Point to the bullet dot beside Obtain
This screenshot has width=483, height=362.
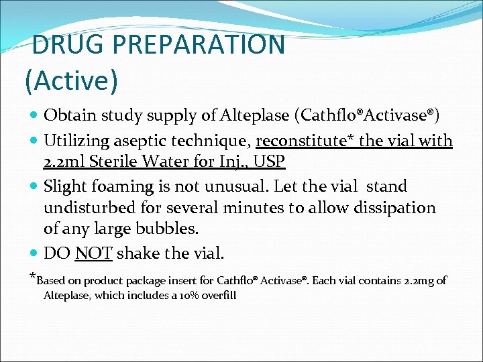[x=34, y=116]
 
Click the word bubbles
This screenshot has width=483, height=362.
[x=174, y=229]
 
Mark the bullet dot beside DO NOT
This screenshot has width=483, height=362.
[x=34, y=254]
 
